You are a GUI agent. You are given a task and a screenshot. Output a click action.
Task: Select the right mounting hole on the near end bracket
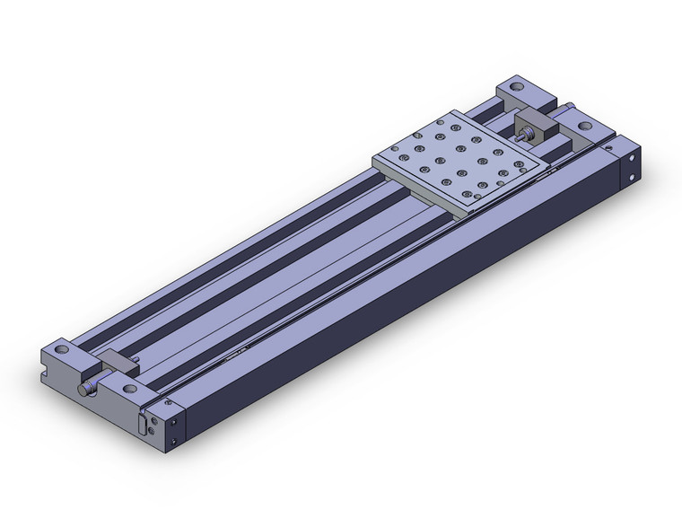click(131, 389)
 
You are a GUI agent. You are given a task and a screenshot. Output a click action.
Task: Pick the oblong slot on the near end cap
click(144, 423)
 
